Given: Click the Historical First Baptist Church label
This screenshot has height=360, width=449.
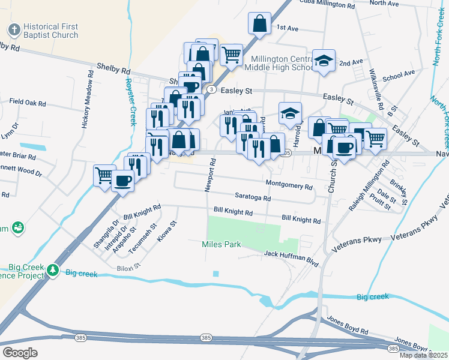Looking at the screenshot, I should [x=51, y=31].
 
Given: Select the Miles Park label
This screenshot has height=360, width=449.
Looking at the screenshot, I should [x=221, y=244].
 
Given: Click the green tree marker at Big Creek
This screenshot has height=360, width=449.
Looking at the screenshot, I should [x=54, y=271].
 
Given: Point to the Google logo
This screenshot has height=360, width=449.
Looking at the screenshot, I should [x=20, y=353].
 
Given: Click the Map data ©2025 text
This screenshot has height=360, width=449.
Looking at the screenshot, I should [x=424, y=355].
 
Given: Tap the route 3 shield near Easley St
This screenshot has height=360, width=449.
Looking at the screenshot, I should [x=211, y=89].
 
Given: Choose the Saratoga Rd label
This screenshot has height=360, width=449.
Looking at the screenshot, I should [x=252, y=197].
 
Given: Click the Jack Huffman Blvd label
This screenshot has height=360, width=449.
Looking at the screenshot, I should [x=291, y=255].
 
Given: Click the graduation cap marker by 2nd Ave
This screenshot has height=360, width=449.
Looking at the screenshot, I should [x=324, y=61].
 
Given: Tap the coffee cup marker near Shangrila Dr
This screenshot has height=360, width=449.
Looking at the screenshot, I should [x=122, y=181].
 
